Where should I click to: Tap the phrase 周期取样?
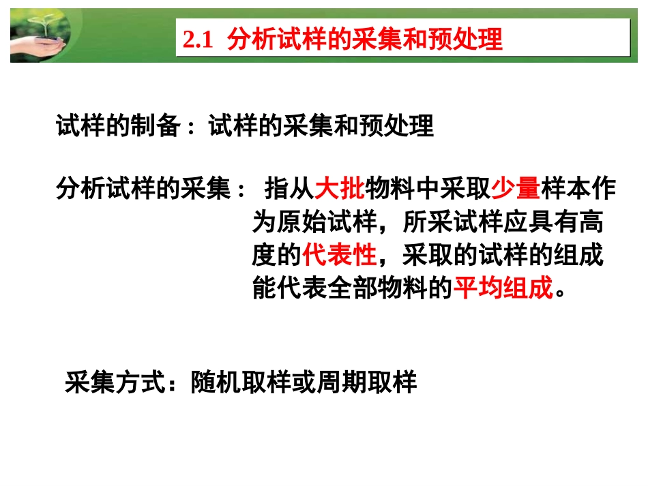tap(372, 383)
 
